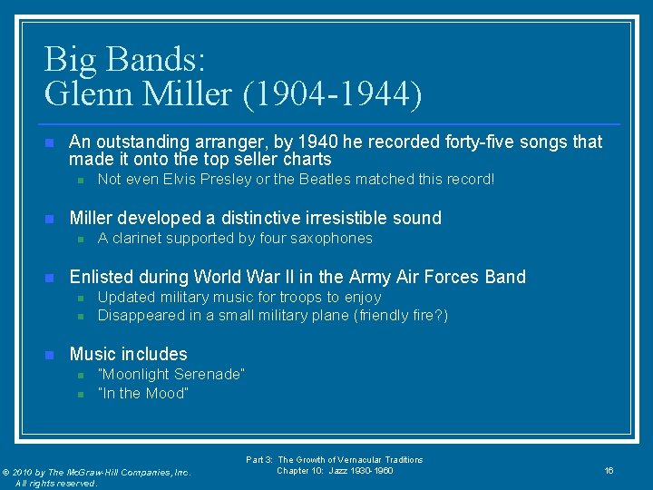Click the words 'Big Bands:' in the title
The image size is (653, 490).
[x=125, y=60]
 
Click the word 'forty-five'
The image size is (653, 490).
[x=489, y=142]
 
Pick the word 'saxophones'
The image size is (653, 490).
[x=329, y=239]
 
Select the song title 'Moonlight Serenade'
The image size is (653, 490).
[x=171, y=375]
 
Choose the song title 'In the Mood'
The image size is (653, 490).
[x=143, y=394]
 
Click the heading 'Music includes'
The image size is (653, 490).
[x=128, y=355]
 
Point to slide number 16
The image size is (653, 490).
[x=609, y=470]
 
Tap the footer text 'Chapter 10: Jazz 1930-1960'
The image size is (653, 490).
[x=335, y=470]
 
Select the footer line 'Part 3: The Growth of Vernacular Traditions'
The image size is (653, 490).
[x=335, y=460]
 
